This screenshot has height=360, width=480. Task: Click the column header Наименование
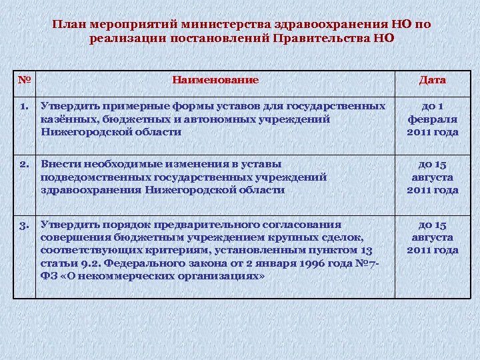click(215, 80)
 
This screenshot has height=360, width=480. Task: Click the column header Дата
click(432, 80)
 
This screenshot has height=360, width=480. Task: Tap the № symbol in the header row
click(25, 80)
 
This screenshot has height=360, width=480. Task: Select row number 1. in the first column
click(24, 106)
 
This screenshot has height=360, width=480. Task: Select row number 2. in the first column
click(24, 164)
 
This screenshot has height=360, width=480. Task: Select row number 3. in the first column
click(24, 225)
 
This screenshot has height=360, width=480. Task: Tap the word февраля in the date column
click(433, 119)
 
